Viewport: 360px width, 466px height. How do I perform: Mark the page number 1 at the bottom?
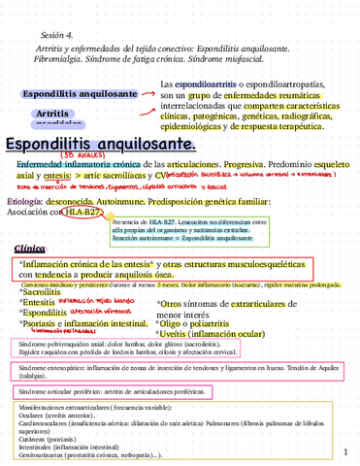(x=345, y=451)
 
